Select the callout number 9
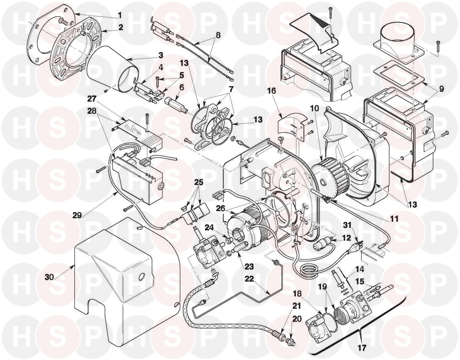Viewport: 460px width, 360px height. point(441,89)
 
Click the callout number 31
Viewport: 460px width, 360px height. point(347,225)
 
